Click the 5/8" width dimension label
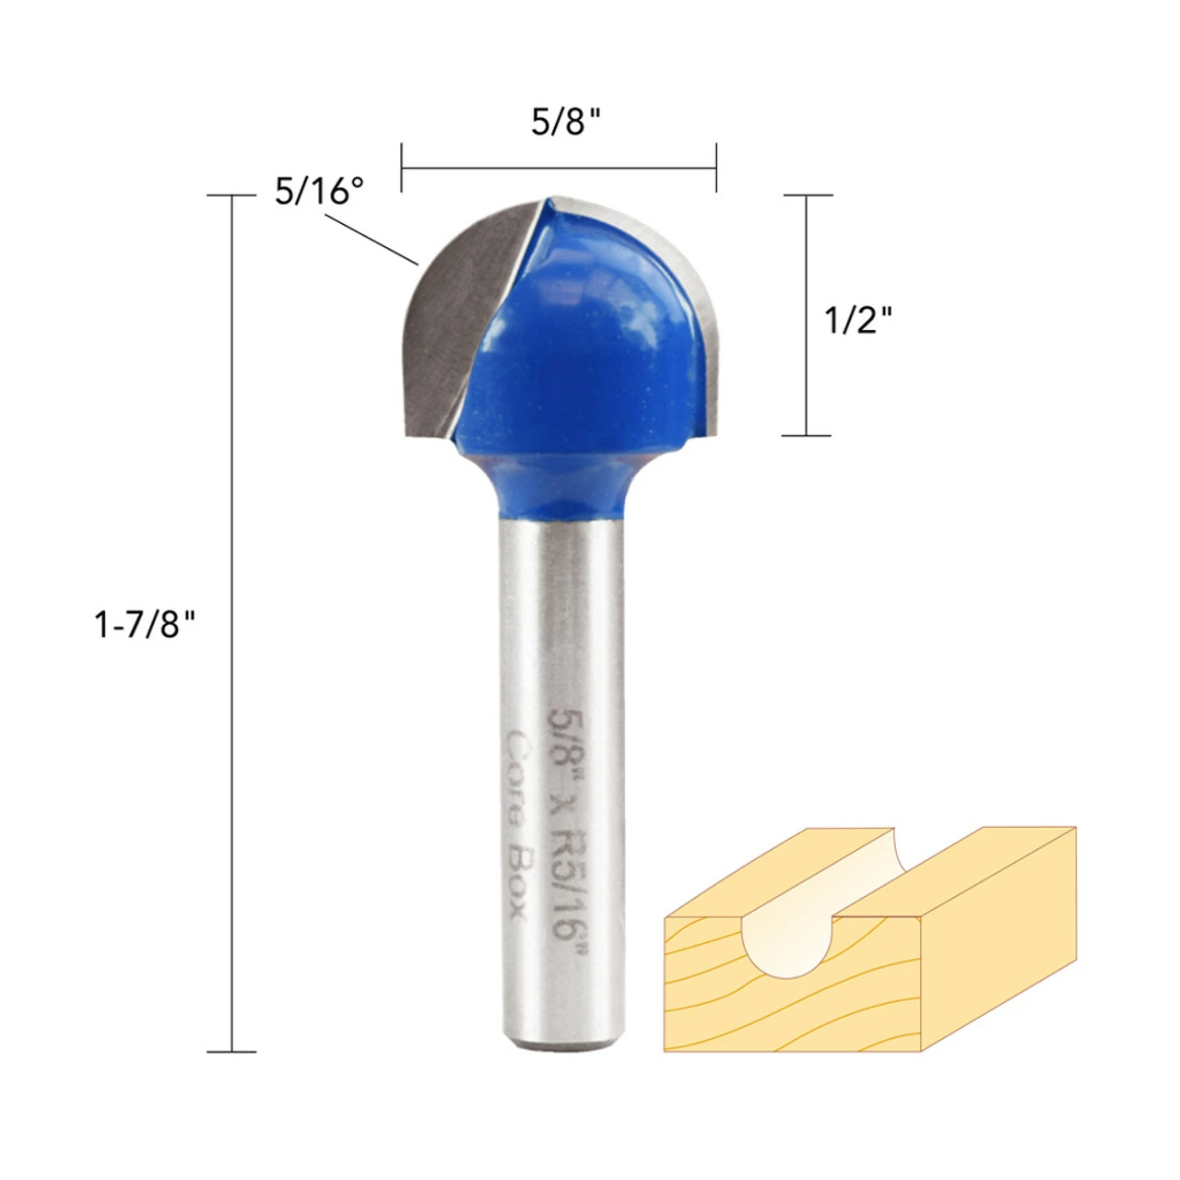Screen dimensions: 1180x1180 click(565, 123)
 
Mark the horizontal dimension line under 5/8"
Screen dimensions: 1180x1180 click(559, 168)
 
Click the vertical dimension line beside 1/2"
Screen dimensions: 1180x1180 click(807, 315)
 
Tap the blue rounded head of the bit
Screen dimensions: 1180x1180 click(582, 343)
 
